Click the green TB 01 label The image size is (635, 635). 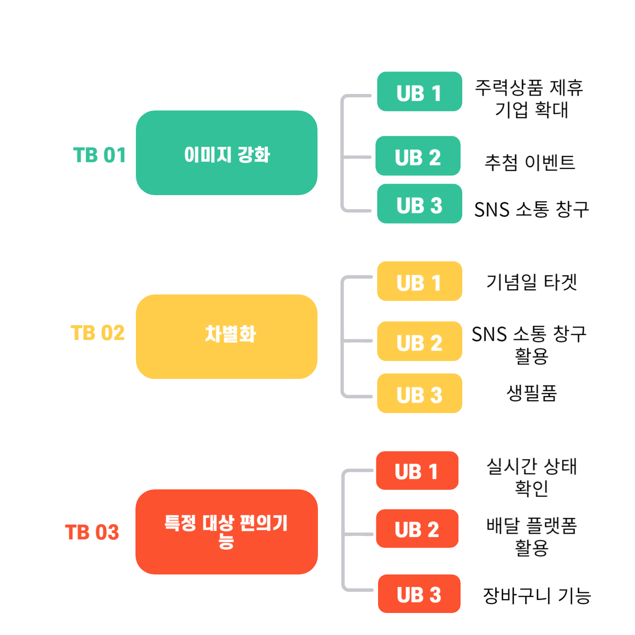click(99, 155)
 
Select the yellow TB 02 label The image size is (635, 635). click(97, 333)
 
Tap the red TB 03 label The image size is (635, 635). click(92, 532)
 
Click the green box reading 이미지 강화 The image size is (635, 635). click(226, 153)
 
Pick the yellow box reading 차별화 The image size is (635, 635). click(226, 337)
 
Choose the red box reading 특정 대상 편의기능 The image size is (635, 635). click(226, 532)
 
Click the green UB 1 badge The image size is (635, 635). click(419, 92)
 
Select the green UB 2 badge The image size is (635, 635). click(418, 156)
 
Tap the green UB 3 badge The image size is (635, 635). click(419, 204)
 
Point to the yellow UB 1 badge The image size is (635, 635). click(419, 281)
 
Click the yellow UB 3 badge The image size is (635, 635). click(419, 393)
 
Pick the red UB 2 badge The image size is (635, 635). click(417, 529)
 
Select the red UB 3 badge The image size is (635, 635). click(419, 594)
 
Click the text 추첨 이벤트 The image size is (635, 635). click(530, 163)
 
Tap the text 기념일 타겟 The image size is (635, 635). click(531, 282)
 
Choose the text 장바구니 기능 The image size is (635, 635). click(537, 596)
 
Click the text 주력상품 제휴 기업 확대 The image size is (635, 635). click(529, 99)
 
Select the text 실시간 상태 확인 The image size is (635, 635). click(532, 477)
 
